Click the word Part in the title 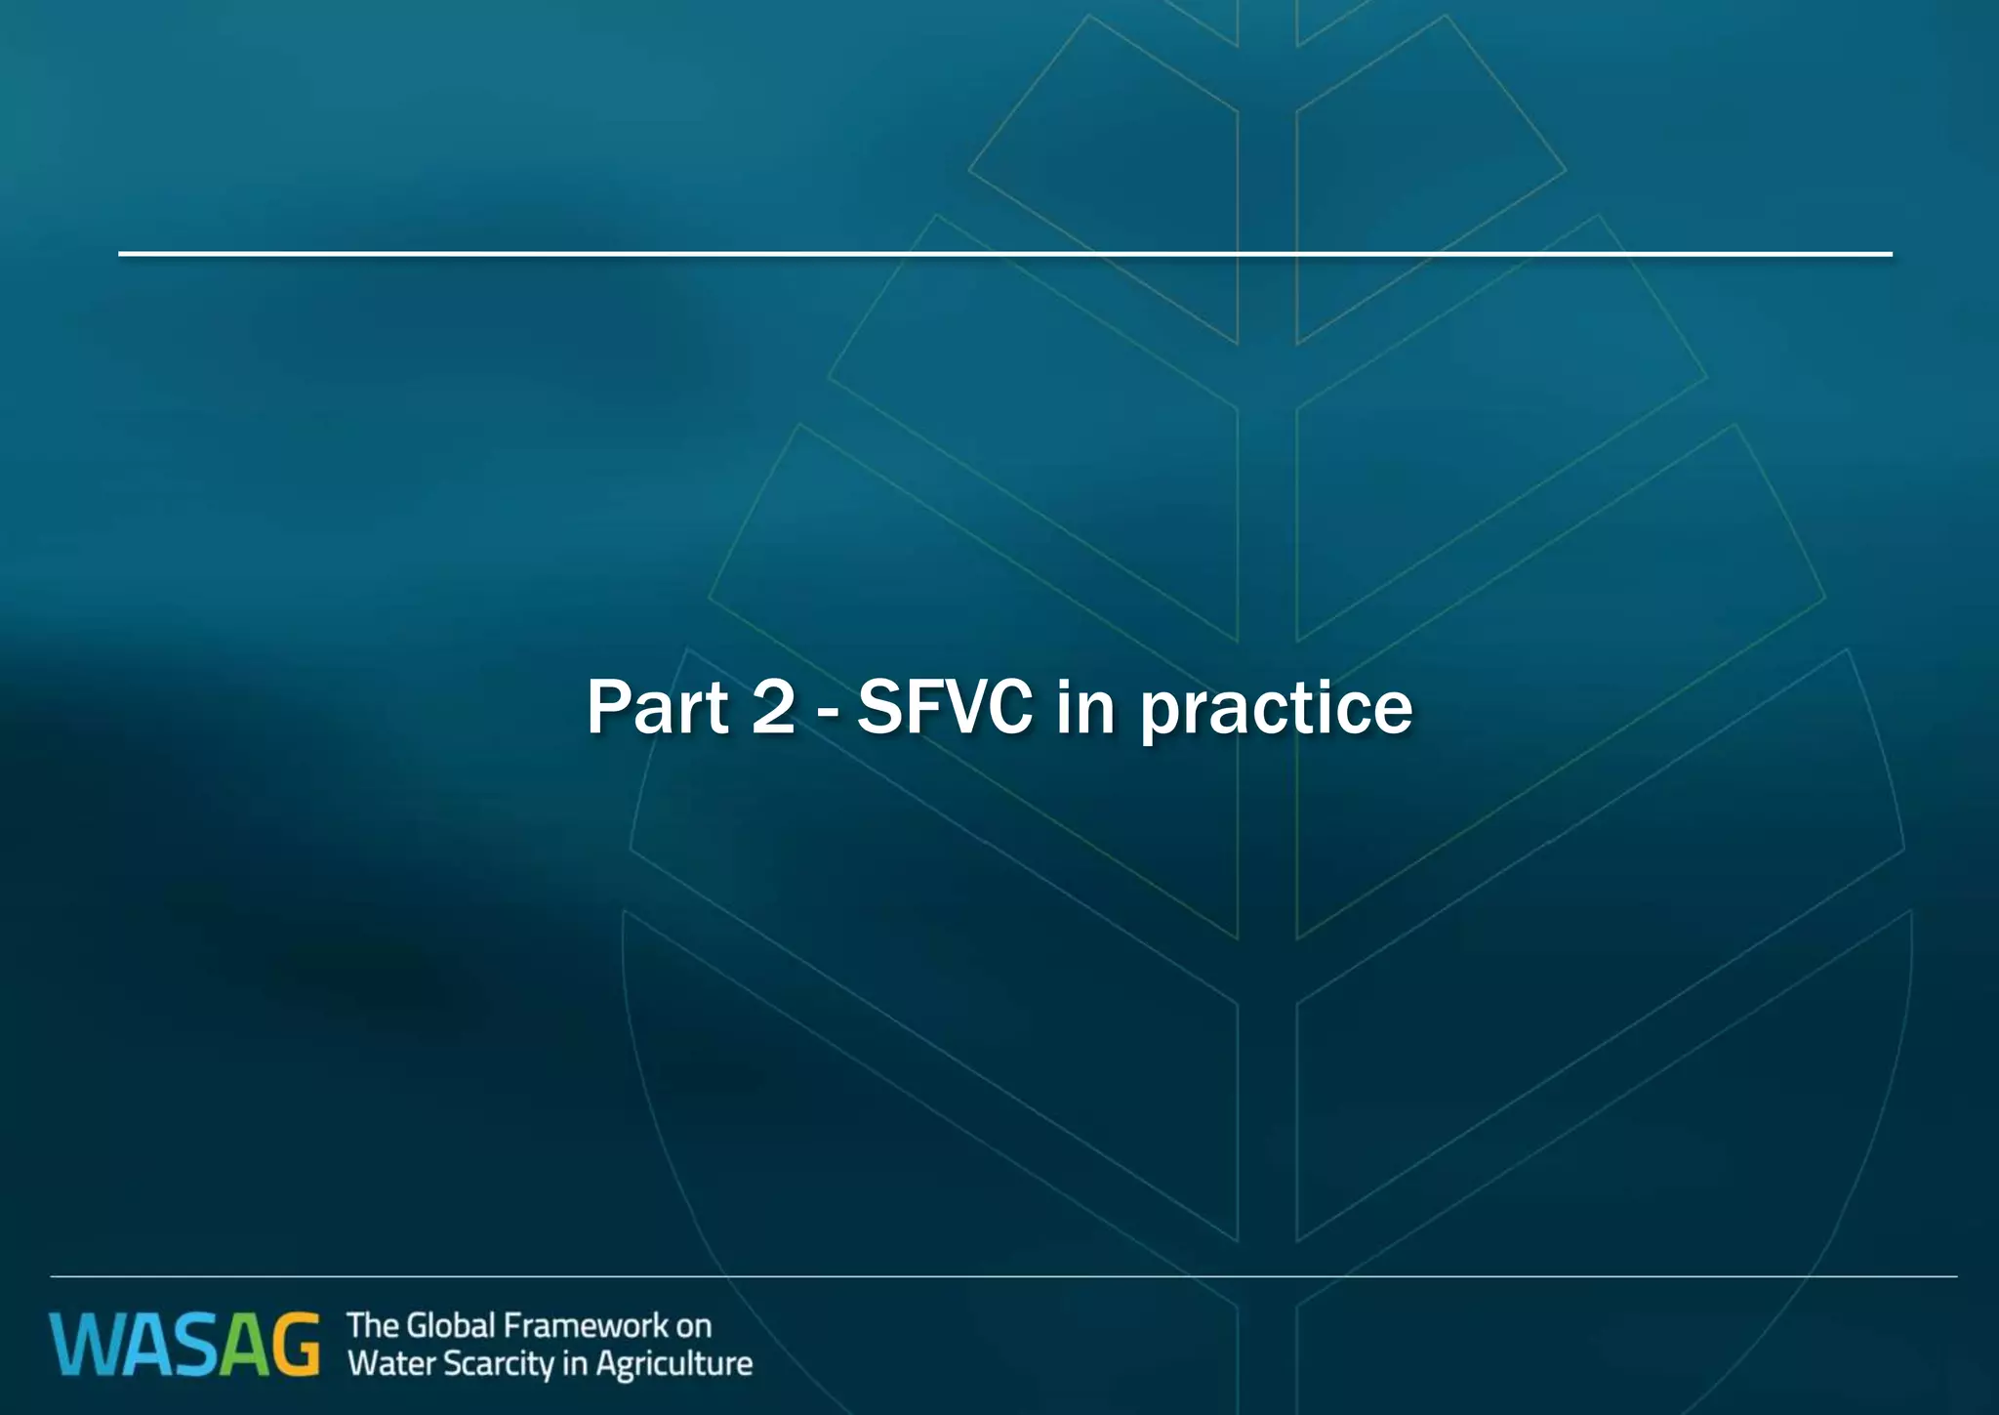point(657,707)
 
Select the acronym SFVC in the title point(944,707)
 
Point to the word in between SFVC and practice point(1085,707)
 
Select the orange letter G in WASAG point(293,1346)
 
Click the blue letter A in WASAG point(143,1346)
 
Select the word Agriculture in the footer point(673,1364)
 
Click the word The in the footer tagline point(372,1326)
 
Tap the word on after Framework point(694,1327)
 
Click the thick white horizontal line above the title point(1005,254)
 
